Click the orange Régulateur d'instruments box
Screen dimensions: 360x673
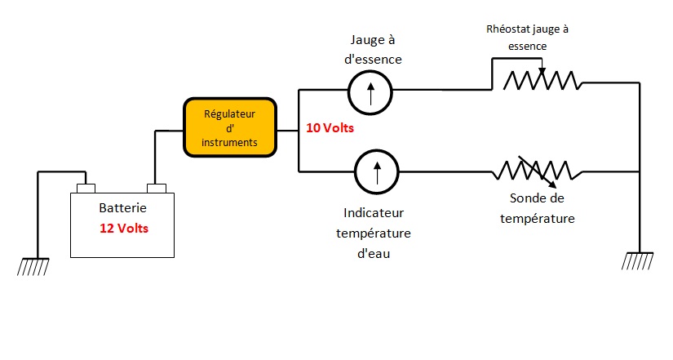tap(230, 127)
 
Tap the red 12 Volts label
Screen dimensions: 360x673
tap(124, 228)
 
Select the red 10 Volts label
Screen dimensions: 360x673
tap(330, 128)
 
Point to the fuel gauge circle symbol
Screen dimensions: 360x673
tap(370, 91)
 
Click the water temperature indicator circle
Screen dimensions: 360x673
tap(376, 172)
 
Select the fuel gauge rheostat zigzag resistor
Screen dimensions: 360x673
tap(540, 80)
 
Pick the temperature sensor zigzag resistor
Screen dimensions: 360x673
tap(536, 171)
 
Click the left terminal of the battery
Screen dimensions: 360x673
tap(86, 188)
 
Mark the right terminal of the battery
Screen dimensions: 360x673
tap(156, 188)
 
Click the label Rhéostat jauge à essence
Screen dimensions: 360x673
tap(528, 38)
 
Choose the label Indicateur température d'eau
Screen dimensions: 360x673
tap(374, 233)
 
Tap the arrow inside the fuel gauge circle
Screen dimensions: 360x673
tap(370, 91)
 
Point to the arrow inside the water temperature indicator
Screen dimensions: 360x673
tap(376, 173)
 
